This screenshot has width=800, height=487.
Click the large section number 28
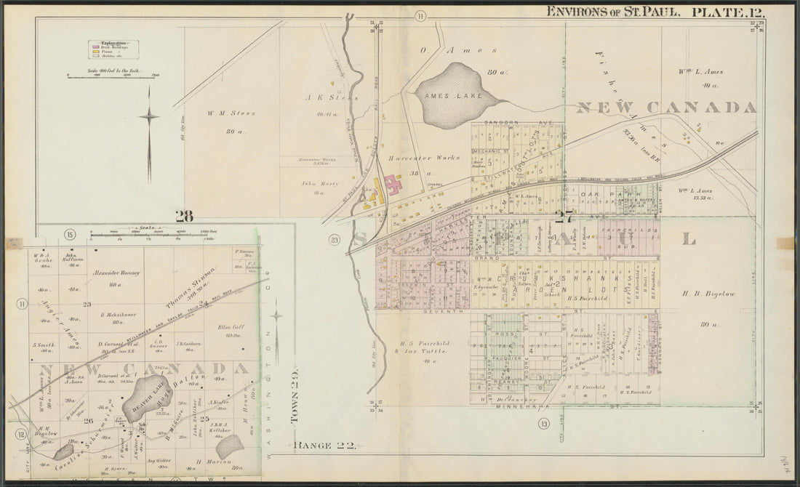[184, 215]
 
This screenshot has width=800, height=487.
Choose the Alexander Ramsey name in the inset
[115, 273]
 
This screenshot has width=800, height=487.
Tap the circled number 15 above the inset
[70, 234]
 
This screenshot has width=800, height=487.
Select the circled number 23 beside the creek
[334, 240]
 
